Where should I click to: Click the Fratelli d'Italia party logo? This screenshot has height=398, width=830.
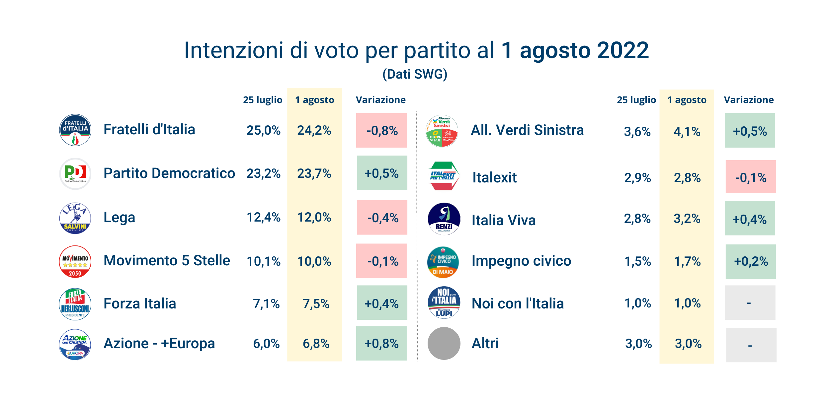point(75,130)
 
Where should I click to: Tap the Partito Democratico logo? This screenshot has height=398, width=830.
point(75,173)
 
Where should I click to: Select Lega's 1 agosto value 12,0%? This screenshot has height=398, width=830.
point(314,218)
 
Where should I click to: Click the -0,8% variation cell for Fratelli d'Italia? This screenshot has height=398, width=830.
point(381,130)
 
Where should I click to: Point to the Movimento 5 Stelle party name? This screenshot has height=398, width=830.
point(167,261)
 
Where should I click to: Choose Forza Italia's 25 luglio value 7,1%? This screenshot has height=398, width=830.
point(266,304)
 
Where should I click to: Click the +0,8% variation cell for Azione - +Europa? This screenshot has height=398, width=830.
point(381,344)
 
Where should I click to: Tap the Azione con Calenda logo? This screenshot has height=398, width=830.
point(75,344)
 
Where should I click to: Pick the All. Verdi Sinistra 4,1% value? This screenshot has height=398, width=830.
point(687,132)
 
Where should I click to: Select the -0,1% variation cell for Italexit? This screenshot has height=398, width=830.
point(751,177)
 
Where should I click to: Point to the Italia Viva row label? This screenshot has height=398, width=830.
point(504,220)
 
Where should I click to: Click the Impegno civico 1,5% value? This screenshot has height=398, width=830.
point(637,261)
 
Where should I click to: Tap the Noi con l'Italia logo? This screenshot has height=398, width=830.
point(444,302)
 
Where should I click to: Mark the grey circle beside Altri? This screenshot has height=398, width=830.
point(444,344)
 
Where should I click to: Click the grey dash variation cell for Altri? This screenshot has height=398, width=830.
point(751,345)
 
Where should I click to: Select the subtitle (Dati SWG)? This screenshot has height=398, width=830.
point(415,74)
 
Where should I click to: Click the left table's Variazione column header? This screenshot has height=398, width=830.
point(380,100)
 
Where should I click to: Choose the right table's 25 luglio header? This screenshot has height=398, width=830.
point(636,100)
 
